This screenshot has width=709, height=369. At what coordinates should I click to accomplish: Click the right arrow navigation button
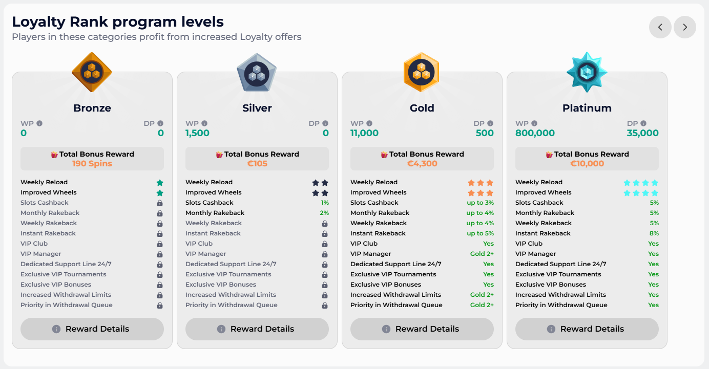pos(685,27)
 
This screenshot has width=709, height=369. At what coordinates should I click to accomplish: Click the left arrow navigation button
pos(660,27)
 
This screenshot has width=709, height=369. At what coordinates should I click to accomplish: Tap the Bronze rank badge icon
pos(92,72)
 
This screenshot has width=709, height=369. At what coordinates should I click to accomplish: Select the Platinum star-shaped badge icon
pos(587,72)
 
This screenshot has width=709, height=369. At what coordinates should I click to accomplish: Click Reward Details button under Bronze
pos(92,329)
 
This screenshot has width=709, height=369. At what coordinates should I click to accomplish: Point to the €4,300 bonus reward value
pos(422,164)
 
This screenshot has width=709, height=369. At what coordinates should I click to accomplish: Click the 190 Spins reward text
pos(92,164)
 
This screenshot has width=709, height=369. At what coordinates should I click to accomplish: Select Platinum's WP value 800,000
pos(535,133)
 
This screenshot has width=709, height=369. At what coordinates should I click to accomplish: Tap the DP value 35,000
pos(642,133)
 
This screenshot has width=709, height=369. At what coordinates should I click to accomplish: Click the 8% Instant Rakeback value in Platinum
pos(654,233)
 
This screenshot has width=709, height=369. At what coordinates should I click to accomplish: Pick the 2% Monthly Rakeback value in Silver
pos(324,213)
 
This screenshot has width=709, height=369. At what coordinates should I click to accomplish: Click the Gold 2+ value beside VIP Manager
pos(482,254)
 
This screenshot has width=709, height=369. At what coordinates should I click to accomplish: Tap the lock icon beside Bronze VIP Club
pos(160,244)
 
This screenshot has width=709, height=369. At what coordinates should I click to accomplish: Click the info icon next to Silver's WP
pos(204,123)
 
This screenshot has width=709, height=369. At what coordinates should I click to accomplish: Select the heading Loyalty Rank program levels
pos(118,22)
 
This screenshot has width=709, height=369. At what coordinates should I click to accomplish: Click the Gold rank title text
pos(422,108)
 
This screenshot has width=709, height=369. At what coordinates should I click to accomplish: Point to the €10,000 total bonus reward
pos(587,164)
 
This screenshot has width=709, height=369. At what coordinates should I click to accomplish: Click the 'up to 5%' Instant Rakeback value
pos(480,233)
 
